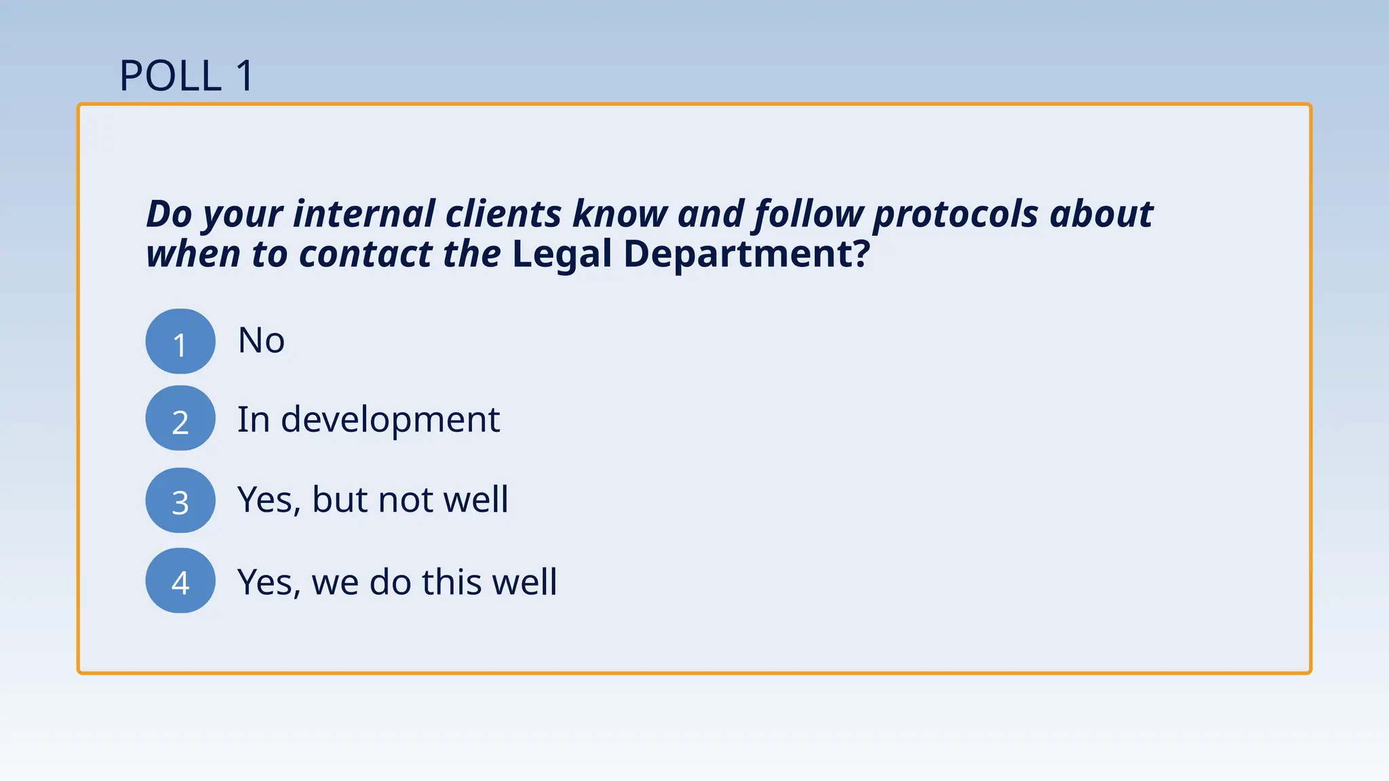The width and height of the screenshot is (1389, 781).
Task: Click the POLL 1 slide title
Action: [x=187, y=75]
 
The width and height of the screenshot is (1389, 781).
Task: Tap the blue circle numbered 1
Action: [x=180, y=341]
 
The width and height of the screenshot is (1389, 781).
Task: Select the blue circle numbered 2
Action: [x=180, y=418]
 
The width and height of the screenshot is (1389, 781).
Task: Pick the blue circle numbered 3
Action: [x=180, y=500]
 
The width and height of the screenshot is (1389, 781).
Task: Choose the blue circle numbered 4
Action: [x=180, y=581]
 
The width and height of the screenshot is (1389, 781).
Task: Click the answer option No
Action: [x=261, y=340]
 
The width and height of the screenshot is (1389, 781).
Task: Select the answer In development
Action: [x=368, y=420]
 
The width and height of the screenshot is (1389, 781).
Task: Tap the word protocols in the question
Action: [x=956, y=215]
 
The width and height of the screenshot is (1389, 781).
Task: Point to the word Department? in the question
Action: [x=746, y=254]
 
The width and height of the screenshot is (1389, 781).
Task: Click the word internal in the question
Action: [x=364, y=214]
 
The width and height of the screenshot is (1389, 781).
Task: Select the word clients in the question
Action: [x=503, y=214]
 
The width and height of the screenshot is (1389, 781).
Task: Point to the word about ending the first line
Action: [x=1101, y=214]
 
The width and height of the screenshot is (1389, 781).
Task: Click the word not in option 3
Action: [x=406, y=500]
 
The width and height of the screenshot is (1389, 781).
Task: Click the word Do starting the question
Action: [x=170, y=214]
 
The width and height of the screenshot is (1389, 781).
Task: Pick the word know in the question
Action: [x=620, y=214]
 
